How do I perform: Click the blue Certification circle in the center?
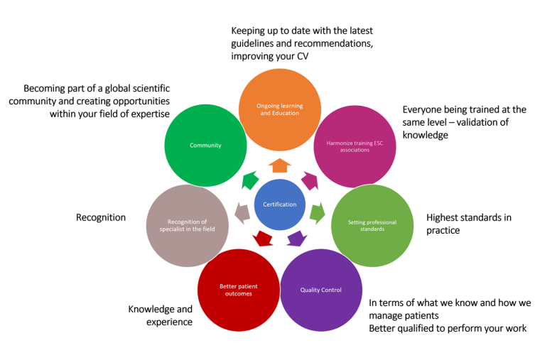(279, 204)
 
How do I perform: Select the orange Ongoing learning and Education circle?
(279, 109)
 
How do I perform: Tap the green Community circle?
(205, 146)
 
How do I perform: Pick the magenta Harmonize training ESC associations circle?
(354, 146)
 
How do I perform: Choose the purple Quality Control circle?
(321, 290)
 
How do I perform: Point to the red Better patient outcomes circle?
(238, 290)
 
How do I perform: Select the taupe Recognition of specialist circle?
(187, 226)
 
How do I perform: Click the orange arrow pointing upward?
(280, 165)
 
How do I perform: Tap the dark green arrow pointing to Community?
(249, 180)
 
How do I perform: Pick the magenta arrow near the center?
(310, 180)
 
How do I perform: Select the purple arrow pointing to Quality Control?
(297, 237)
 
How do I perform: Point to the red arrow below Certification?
(262, 237)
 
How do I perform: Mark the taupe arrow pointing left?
(242, 212)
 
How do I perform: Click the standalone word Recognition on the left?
(100, 218)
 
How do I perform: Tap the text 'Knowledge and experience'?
(160, 315)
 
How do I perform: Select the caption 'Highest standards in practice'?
(468, 224)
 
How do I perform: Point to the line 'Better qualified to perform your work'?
(448, 328)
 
